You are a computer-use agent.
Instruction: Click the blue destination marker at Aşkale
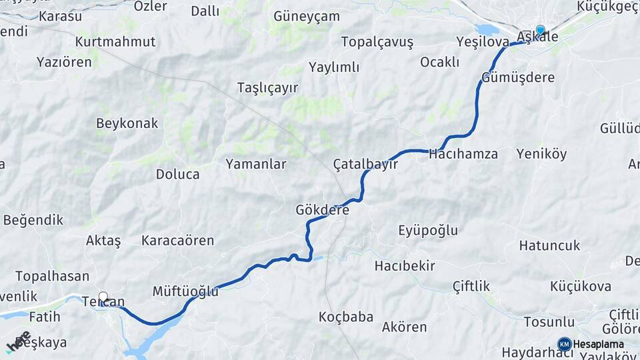[540, 30]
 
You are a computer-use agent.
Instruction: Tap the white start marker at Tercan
[103, 297]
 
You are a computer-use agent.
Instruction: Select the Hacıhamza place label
[464, 154]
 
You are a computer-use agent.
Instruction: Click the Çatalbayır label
[365, 164]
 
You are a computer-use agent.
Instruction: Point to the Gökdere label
[323, 210]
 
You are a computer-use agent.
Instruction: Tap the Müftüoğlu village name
[185, 291]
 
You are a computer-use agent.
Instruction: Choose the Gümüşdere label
[518, 77]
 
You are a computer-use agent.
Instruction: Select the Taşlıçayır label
[267, 88]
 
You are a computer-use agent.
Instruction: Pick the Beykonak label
[127, 123]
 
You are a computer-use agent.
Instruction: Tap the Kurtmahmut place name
[115, 41]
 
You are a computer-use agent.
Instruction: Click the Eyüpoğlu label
[428, 231]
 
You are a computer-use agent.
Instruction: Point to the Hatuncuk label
[549, 245]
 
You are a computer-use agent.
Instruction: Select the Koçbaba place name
[346, 317]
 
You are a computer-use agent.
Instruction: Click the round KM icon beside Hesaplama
[564, 344]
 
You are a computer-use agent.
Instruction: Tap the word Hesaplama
[599, 344]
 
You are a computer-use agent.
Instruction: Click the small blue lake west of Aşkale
[487, 30]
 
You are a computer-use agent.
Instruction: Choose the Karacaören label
[177, 241]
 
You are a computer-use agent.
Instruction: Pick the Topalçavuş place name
[377, 42]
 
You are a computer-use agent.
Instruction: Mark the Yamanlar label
[256, 164]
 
